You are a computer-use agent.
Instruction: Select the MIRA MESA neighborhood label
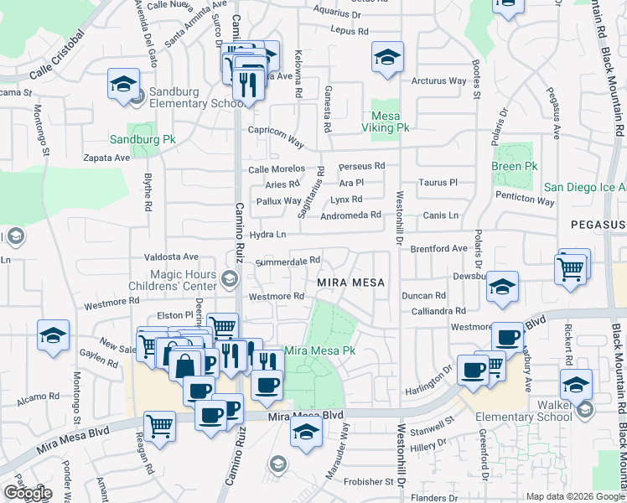351,283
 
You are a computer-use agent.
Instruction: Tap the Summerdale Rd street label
288,261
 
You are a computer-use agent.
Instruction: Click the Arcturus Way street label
438,81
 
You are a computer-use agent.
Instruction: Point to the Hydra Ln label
268,234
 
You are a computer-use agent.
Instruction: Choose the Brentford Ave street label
438,249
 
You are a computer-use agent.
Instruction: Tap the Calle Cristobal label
57,52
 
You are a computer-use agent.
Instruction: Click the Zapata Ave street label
106,157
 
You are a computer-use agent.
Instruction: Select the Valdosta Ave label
171,257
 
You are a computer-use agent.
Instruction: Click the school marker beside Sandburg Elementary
123,86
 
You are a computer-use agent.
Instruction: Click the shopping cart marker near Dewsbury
571,269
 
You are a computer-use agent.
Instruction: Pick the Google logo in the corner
28,493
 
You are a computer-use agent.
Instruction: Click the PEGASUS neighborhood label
598,225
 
